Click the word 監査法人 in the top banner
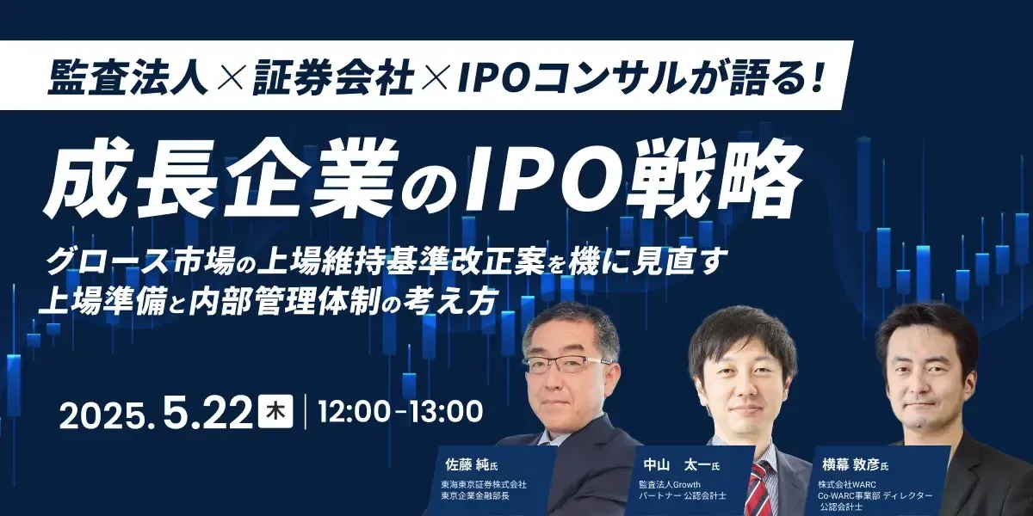127,77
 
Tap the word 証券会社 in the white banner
332,77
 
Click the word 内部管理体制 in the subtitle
286,303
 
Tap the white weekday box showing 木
275,411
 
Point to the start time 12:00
353,411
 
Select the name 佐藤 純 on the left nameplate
466,464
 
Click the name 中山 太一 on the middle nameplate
676,465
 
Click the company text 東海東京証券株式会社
484,485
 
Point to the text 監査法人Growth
670,485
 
